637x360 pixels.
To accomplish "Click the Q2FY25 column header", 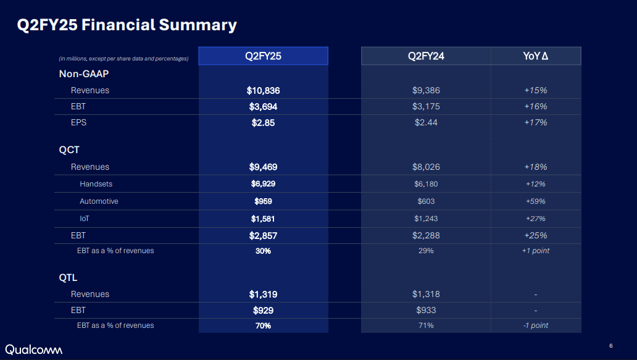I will point(263,56).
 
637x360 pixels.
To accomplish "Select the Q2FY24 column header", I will point(426,56).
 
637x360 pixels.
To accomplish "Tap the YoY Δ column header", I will point(535,56).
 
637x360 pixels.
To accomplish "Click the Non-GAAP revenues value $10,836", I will point(263,90).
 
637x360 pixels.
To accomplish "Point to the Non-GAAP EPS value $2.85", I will point(263,122).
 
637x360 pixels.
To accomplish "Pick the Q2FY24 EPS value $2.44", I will point(426,122).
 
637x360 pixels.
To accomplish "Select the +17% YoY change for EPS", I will point(535,122).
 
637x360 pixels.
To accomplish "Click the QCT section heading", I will point(69,150).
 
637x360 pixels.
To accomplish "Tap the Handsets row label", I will point(96,184).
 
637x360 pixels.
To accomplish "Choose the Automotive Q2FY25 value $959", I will point(263,201).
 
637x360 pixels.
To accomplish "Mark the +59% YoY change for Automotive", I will point(535,201).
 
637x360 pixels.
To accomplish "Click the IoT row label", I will point(85,219).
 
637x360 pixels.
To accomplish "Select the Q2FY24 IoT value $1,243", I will point(426,219).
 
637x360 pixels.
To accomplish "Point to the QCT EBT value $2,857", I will point(263,235).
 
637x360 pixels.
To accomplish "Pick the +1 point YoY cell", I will point(535,251).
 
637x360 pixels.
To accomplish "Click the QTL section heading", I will point(68,278).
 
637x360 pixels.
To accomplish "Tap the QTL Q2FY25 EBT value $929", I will point(263,310).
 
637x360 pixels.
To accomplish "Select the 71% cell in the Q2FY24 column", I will point(426,325).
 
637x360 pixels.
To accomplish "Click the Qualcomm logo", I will point(34,349).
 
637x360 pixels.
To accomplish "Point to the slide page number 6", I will point(610,345).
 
